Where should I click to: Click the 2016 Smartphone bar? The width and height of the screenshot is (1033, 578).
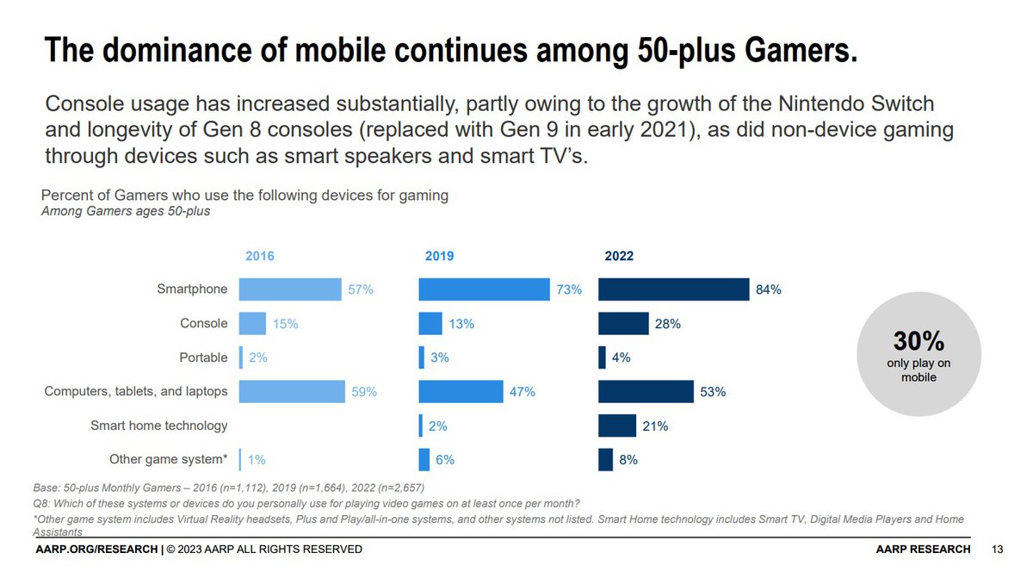click(x=290, y=290)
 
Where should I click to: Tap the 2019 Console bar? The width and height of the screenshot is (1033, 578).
click(x=430, y=324)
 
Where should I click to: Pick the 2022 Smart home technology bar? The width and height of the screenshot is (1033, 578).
click(x=616, y=426)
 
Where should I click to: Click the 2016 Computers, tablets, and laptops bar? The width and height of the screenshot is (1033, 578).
click(x=292, y=392)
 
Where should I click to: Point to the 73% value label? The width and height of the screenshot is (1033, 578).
click(x=569, y=290)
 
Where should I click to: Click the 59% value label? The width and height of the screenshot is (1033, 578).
click(x=364, y=392)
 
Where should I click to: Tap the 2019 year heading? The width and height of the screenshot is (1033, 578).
click(x=439, y=256)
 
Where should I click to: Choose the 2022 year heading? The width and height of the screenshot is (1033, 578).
click(x=619, y=256)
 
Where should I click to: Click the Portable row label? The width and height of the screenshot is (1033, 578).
click(x=204, y=357)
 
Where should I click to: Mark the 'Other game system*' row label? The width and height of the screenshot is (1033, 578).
click(x=169, y=459)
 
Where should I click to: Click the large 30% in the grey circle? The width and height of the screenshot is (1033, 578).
click(x=919, y=343)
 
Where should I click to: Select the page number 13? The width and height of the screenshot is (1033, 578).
click(x=998, y=549)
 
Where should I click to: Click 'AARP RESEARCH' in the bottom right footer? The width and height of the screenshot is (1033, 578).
click(x=924, y=549)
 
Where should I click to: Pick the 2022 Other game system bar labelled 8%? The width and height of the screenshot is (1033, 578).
click(x=605, y=459)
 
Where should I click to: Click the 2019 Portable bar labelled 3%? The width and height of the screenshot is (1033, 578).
click(x=422, y=357)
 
